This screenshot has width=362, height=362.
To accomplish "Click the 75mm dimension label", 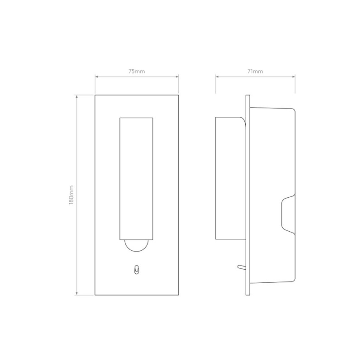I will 136,71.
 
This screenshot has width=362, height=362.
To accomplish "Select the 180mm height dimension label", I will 71,195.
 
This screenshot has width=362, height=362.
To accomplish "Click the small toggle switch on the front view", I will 136,269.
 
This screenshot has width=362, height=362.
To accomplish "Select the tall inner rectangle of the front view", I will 136,179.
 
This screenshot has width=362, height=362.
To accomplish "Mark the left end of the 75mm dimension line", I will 95,77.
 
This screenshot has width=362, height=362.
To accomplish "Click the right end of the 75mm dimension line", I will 178,77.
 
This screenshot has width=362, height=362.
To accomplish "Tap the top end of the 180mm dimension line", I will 77,95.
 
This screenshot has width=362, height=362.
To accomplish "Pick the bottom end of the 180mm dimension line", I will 77,295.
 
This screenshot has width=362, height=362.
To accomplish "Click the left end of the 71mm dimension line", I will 216,77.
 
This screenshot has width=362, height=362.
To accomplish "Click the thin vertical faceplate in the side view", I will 248,195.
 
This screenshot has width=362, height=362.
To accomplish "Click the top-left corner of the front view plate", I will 95,95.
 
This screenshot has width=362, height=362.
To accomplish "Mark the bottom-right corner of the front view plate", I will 178,295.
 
